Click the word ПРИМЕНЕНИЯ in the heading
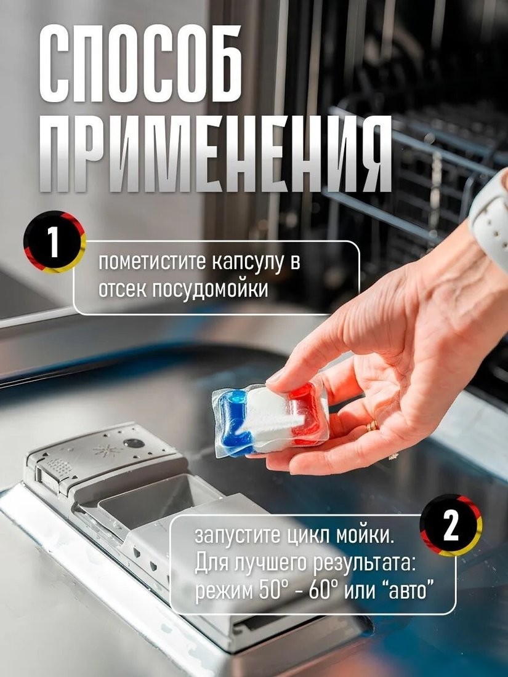(x=215, y=153)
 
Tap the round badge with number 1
(x=54, y=242)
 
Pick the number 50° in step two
(x=272, y=591)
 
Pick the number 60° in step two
(x=320, y=591)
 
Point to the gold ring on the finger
(x=372, y=427)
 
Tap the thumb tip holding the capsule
(x=276, y=380)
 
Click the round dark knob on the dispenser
(x=134, y=443)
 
